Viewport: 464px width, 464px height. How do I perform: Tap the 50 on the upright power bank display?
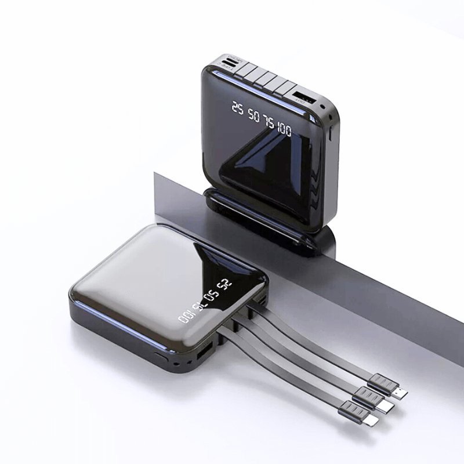tap(254, 113)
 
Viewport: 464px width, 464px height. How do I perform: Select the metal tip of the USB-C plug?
tap(387, 407)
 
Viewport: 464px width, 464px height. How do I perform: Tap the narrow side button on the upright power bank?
tap(330, 133)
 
